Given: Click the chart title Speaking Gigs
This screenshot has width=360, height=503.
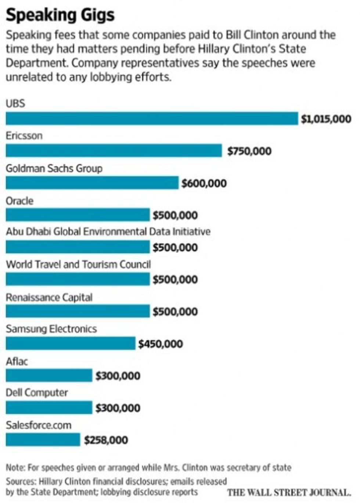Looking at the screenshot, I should click(x=60, y=15).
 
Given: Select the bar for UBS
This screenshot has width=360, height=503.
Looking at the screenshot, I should click(x=152, y=118).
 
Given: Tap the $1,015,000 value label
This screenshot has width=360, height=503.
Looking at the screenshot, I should click(x=326, y=119).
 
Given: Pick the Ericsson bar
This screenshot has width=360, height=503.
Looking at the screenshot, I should click(x=114, y=151).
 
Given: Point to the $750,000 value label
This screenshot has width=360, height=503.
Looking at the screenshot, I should click(x=249, y=151).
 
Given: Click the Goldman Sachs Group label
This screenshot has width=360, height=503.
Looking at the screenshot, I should click(x=54, y=168).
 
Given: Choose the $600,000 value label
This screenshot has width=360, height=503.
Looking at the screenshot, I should click(x=204, y=183).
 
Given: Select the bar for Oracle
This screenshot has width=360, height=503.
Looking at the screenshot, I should click(x=78, y=215).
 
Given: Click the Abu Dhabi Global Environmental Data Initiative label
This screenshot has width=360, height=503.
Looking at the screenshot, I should click(x=108, y=232).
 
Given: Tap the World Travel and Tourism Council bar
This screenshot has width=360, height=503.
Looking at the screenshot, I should click(x=78, y=279).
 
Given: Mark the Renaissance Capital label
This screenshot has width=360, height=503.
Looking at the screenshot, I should click(x=49, y=297).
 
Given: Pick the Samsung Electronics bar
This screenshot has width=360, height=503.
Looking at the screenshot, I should click(x=71, y=343).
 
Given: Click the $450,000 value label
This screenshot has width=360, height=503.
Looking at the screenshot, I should click(x=161, y=344).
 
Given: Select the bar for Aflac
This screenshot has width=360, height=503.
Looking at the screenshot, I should click(x=49, y=375).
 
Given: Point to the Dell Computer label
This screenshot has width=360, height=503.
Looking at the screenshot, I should click(x=37, y=393).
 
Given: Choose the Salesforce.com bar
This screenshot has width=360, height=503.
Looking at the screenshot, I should click(x=43, y=440).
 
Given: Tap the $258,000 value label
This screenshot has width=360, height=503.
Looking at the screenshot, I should click(x=106, y=440).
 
